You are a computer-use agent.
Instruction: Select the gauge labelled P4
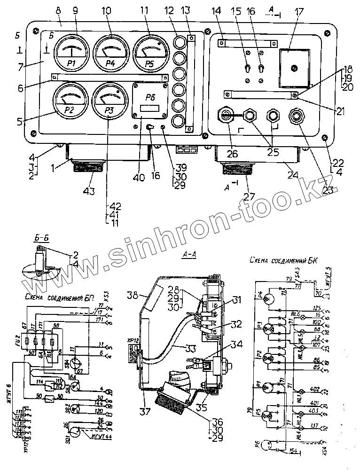111,53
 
